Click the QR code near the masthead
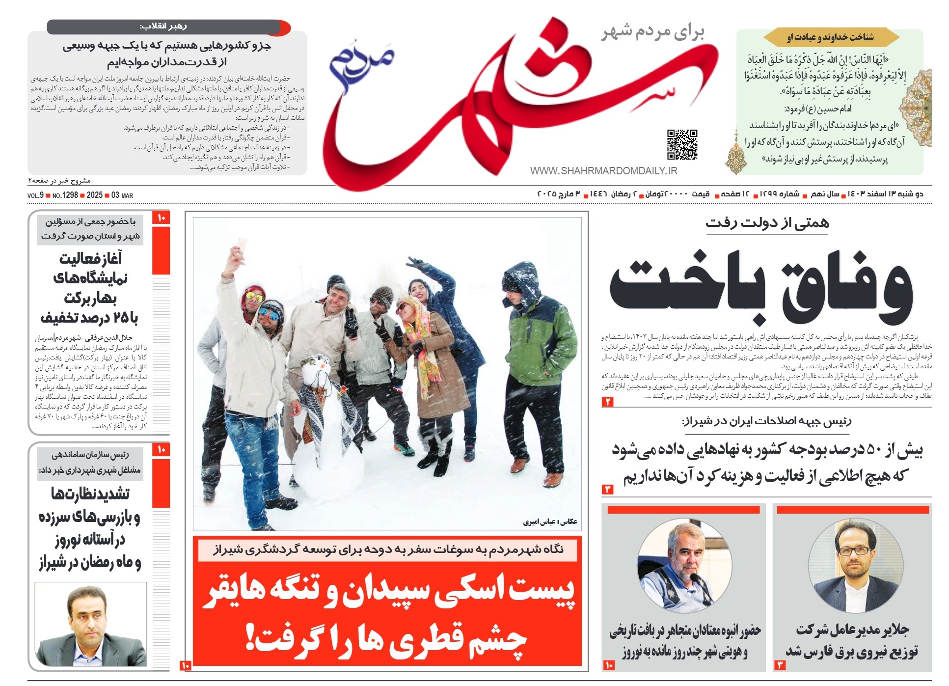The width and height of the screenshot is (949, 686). coord(682,144)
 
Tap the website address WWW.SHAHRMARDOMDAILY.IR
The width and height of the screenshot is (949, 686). coord(603,171)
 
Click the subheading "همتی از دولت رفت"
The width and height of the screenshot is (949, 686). coord(767,223)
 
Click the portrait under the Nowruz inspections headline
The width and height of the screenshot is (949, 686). coord(91,624)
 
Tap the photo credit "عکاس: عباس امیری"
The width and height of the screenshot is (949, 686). coord(550,521)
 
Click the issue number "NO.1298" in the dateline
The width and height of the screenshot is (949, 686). coord(65,195)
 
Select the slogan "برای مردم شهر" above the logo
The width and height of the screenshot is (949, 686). coord(653,32)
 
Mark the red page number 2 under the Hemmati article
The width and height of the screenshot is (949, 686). coord(608,402)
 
